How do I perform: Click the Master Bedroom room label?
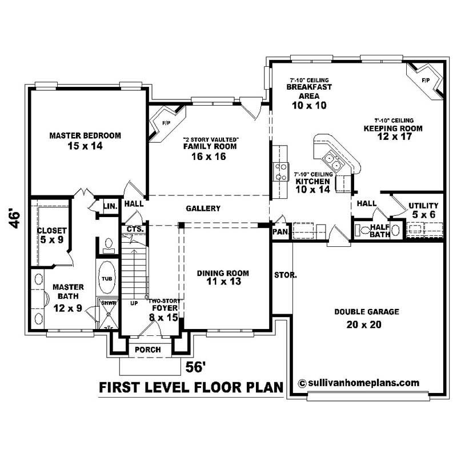point(85,135)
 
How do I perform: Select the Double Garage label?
point(367,312)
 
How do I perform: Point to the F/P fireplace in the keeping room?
point(425,80)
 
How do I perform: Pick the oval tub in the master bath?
point(107,278)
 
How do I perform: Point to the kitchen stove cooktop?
point(282,171)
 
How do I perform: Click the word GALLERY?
point(203,209)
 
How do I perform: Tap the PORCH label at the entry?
point(147,350)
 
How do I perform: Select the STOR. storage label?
point(285,275)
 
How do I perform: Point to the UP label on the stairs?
point(135,303)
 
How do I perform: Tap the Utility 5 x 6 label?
point(423,210)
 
